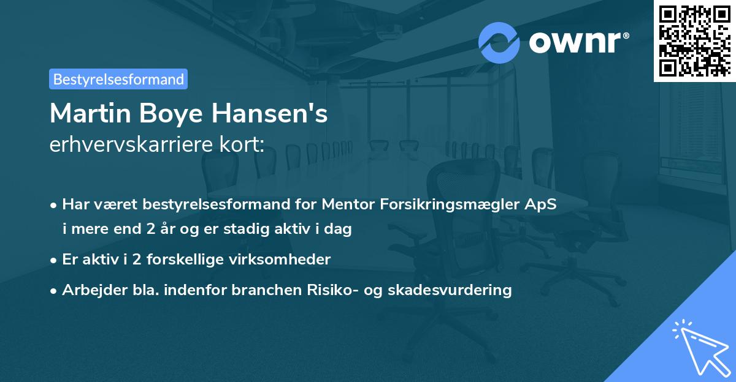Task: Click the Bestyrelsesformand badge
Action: point(118,79)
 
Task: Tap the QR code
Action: point(694,40)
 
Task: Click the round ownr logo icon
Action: point(499,42)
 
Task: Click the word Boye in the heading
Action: point(170,113)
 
